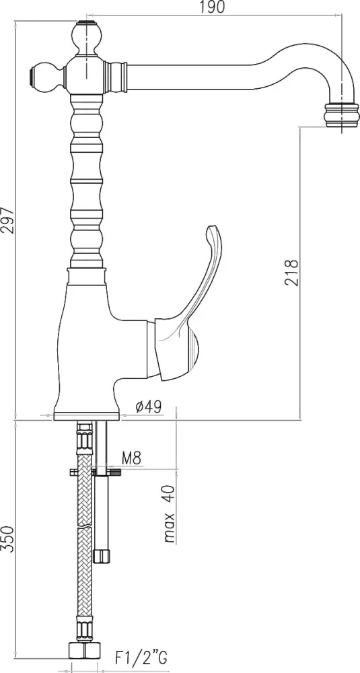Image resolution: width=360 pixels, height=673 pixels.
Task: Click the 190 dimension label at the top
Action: (213, 7)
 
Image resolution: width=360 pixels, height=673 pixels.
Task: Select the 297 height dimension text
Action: (7, 221)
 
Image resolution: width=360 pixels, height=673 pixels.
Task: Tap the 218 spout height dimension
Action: (291, 273)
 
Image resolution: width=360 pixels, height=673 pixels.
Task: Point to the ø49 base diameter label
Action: (149, 407)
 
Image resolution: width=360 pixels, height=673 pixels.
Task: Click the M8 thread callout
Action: (131, 458)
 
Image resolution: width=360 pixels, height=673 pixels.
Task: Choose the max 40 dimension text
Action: (170, 513)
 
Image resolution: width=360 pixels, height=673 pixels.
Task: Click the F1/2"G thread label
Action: (141, 657)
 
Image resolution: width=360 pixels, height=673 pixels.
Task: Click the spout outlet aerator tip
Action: (342, 116)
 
